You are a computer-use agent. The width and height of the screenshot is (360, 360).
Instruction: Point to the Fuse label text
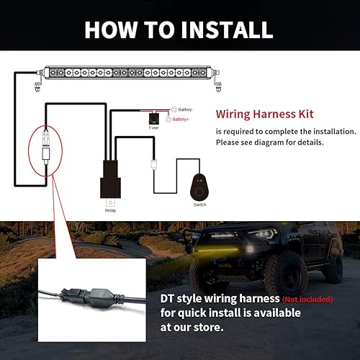coord(153,128)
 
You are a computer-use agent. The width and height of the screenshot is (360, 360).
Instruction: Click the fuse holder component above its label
coord(153,116)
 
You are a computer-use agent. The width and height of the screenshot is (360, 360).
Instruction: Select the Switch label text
coord(199,205)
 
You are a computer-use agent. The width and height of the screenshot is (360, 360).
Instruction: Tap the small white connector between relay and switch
coord(153,164)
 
